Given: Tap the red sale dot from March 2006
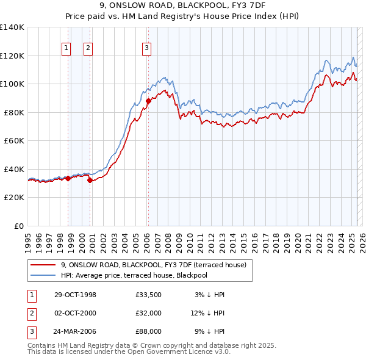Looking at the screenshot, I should pyautogui.click(x=148, y=101).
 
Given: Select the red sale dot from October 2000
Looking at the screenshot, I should pyautogui.click(x=90, y=180).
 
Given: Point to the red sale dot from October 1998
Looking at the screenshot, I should pyautogui.click(x=68, y=178).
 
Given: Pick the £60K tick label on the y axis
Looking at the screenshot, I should pyautogui.click(x=14, y=140).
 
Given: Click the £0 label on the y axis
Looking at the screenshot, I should pyautogui.click(x=19, y=226).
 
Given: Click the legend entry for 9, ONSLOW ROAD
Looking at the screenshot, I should pyautogui.click(x=153, y=265).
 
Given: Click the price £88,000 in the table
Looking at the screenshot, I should pyautogui.click(x=148, y=332).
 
